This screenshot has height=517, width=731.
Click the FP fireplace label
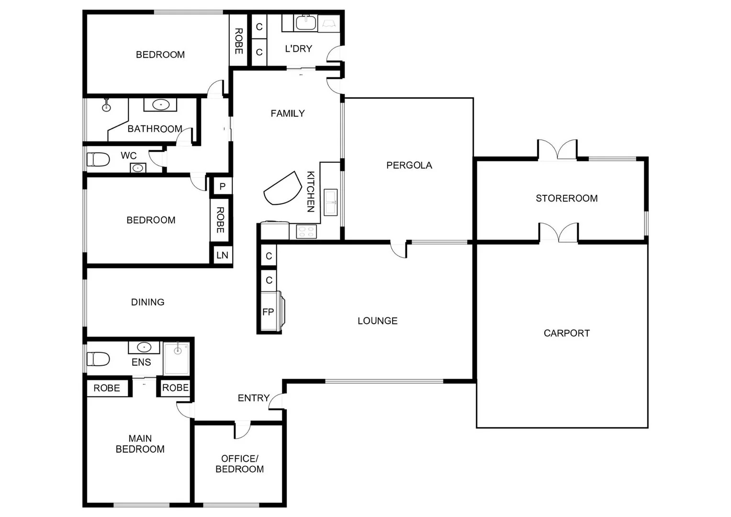click(268, 312)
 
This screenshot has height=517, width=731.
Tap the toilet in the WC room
click(98, 159)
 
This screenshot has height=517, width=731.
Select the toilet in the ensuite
click(98, 359)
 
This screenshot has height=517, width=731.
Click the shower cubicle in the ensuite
click(177, 359)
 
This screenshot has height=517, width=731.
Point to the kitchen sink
click(331, 202)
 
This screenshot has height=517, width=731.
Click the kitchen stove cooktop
click(306, 232)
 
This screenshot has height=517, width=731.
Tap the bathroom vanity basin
click(160, 104)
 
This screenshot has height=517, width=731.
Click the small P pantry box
click(222, 186)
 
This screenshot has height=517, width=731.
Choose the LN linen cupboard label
click(222, 255)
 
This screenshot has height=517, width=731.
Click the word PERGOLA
click(409, 165)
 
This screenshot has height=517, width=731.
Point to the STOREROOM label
click(566, 198)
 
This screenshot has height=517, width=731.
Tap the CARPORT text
click(566, 333)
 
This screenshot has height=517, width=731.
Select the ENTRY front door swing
click(276, 402)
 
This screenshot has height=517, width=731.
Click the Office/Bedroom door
click(242, 430)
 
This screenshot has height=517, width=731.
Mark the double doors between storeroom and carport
click(559, 233)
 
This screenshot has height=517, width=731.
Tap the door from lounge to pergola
click(399, 249)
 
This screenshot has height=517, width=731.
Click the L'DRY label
click(298, 48)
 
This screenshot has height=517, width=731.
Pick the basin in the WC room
click(138, 168)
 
